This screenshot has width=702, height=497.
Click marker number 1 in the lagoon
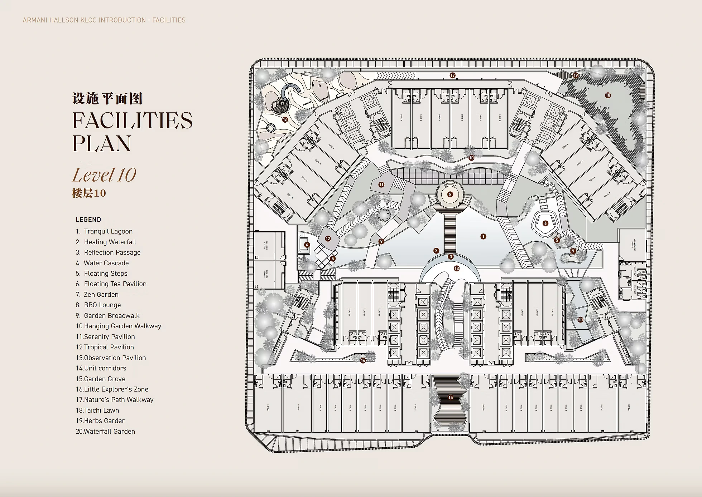tap(483, 236)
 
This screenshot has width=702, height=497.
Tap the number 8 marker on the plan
tap(450, 195)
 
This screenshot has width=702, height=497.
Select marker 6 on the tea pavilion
tap(545, 223)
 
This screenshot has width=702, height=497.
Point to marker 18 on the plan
tap(608, 95)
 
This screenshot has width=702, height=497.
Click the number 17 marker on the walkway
tap(453, 75)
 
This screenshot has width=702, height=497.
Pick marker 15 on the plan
tap(451, 397)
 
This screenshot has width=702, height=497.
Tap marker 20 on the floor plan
tap(580, 320)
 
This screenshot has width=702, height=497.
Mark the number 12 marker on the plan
tap(328, 238)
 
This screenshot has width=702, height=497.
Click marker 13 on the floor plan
tap(456, 268)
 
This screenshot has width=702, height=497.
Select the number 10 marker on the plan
tap(471, 158)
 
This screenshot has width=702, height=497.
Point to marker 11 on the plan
tap(381, 184)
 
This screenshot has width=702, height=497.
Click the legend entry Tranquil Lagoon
tap(108, 231)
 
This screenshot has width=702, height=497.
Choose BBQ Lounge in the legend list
tap(102, 305)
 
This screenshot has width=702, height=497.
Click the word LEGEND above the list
tap(88, 220)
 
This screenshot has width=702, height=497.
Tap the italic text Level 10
tap(104, 175)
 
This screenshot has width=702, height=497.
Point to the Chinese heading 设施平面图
tap(107, 98)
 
